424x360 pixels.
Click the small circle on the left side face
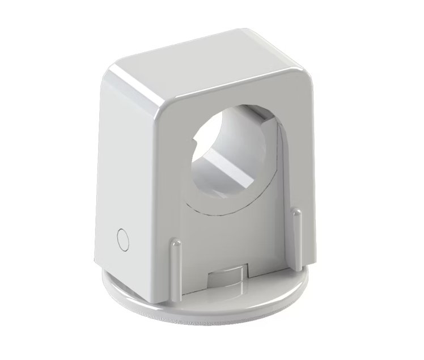tap(122, 239)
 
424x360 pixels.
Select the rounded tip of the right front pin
tap(295, 213)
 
